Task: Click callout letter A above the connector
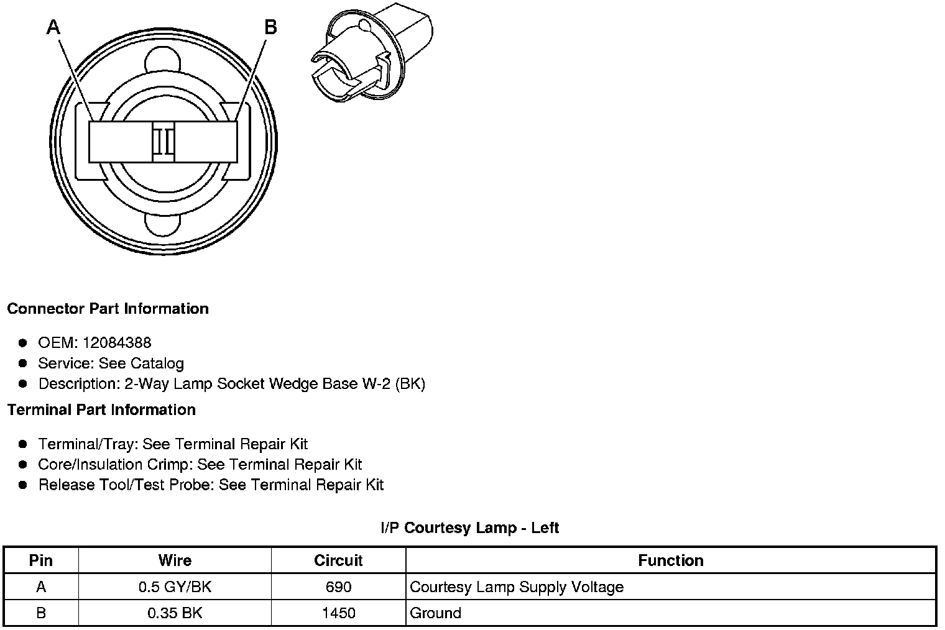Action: coord(54,27)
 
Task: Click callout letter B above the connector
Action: coord(270,27)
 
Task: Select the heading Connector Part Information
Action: coord(108,309)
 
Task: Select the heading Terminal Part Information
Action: coord(101,410)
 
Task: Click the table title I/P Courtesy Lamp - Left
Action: coord(469,528)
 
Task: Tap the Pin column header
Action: coord(41,560)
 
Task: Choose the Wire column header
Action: coord(175,560)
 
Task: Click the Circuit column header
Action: coord(338,560)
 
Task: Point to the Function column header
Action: coord(671,560)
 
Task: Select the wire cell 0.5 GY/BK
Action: coord(175,587)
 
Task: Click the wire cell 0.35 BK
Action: coord(175,613)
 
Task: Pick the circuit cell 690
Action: coord(338,587)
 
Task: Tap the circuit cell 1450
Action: coord(338,613)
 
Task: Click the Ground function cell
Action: coord(436,613)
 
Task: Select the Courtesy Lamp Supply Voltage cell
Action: coord(517,587)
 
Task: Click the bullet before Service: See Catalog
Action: coord(23,363)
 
